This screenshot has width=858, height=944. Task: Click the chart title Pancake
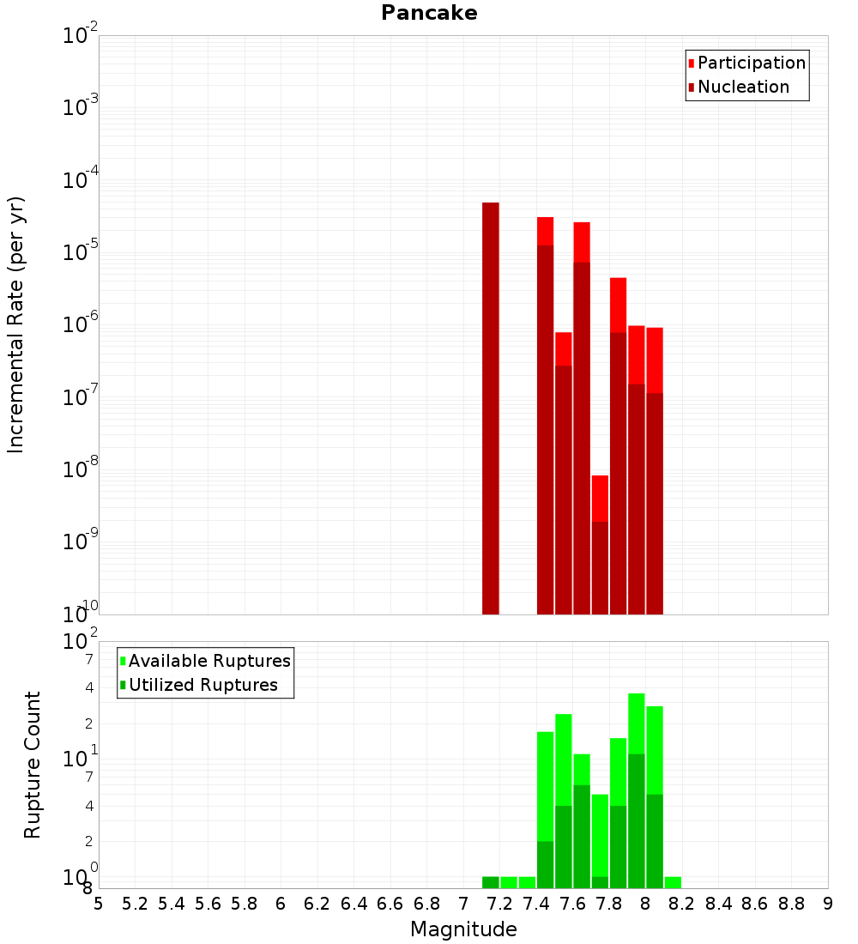tap(429, 13)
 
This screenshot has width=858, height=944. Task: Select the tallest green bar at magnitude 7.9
tap(637, 790)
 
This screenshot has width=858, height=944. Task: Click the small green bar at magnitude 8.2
tap(673, 882)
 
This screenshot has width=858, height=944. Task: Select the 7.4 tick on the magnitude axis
tap(536, 903)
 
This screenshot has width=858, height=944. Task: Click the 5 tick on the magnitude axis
tap(99, 903)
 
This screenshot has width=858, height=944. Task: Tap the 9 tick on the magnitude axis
tap(828, 903)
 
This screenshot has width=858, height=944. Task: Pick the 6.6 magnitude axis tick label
tap(390, 903)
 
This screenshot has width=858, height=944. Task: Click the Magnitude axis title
tap(463, 929)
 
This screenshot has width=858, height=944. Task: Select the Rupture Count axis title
tap(33, 764)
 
